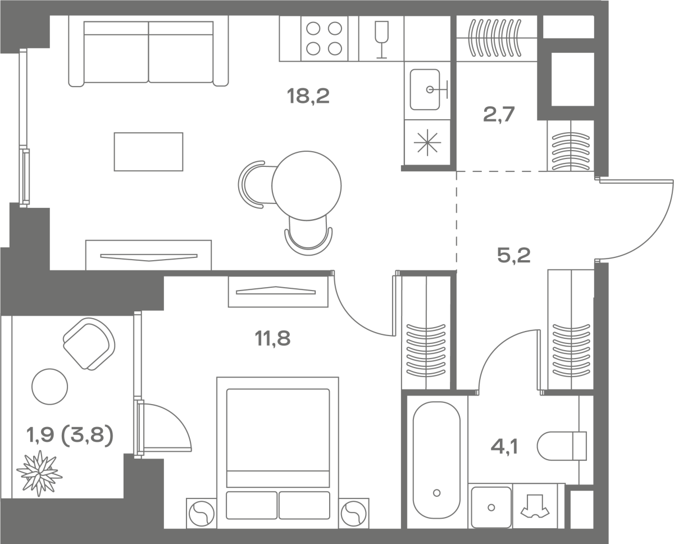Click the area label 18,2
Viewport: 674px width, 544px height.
point(308,97)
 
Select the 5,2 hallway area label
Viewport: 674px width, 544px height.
point(513,256)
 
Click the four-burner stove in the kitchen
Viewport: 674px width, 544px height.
point(325,38)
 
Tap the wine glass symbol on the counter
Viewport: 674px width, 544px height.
point(382,38)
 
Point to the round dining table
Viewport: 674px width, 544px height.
point(307,185)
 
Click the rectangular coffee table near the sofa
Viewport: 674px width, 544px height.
point(148,152)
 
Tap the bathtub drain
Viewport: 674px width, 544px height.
point(436,493)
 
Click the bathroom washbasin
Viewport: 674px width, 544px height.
point(491,507)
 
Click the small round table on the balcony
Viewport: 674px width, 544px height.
point(50,386)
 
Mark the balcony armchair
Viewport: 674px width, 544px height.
point(89,343)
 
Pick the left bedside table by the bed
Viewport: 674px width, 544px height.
point(201,513)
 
